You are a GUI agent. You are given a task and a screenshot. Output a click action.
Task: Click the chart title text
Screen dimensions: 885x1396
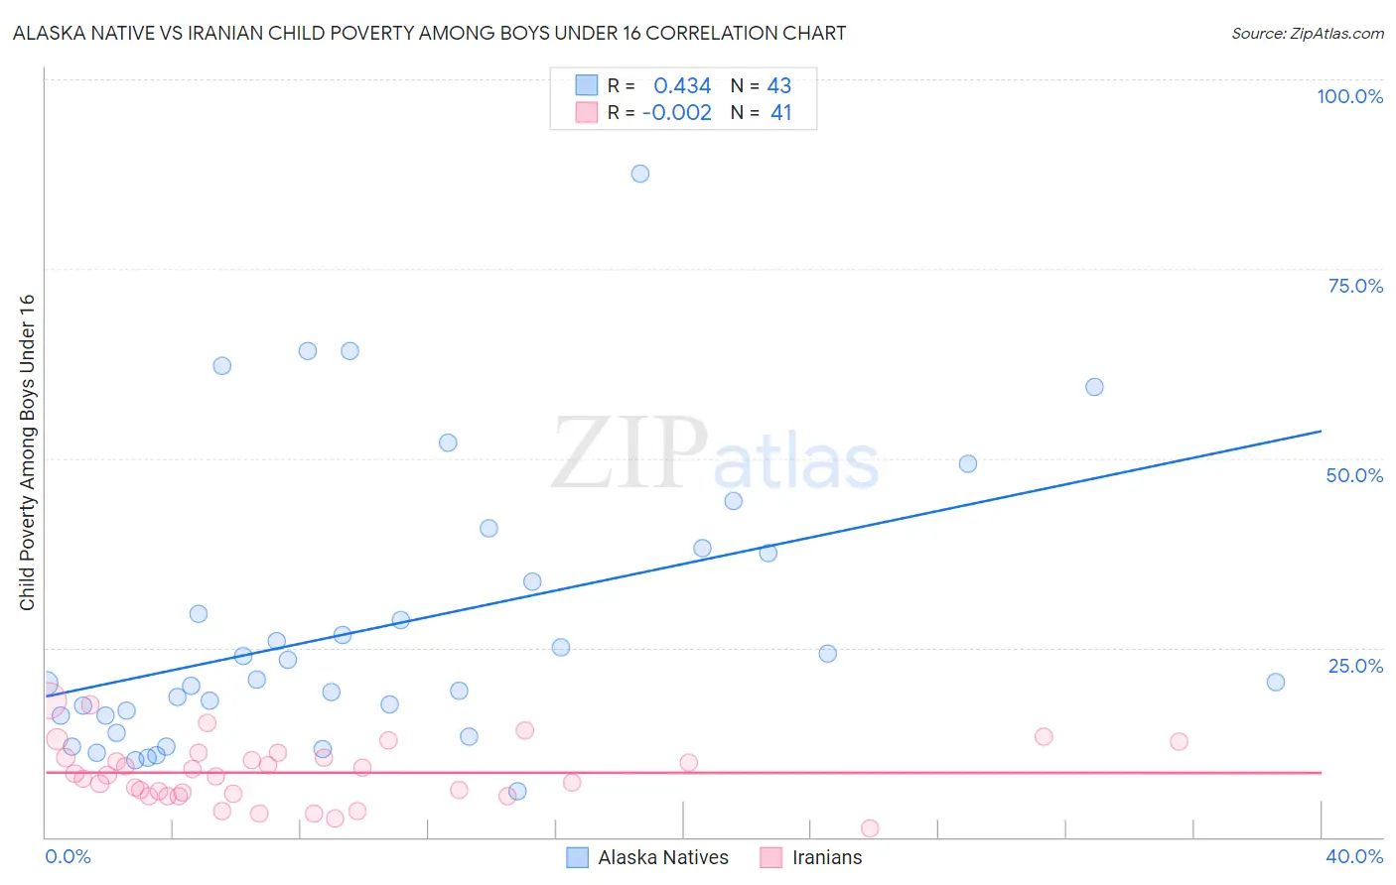click(429, 33)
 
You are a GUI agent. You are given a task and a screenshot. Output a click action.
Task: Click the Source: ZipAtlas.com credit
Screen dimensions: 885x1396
click(1307, 33)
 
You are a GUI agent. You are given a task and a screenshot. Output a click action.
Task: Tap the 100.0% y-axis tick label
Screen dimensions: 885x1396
click(1349, 96)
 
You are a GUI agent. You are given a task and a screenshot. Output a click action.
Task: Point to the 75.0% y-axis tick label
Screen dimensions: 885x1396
click(1355, 286)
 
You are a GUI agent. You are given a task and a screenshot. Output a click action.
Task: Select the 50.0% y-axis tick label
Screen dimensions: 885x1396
click(1354, 475)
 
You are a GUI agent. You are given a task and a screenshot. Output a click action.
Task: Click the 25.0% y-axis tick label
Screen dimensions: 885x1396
click(1355, 666)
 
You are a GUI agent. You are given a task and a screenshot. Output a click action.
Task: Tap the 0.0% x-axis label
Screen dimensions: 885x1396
click(68, 856)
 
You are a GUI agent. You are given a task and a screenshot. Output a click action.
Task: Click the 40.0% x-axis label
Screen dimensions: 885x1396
click(1354, 856)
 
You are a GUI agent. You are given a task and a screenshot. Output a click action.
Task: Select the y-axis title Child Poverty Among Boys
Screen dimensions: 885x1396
click(27, 452)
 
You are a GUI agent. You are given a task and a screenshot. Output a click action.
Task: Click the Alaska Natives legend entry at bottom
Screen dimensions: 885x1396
click(662, 857)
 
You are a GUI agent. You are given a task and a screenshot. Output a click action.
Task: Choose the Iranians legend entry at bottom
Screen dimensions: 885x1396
click(826, 857)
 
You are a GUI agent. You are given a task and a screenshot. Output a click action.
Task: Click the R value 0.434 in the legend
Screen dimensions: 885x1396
click(682, 85)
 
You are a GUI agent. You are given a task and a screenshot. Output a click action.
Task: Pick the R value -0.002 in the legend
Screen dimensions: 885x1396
click(676, 112)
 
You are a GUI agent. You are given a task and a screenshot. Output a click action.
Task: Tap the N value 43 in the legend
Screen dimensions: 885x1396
click(779, 85)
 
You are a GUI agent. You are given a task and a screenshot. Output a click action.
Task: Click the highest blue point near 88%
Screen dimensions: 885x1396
click(640, 174)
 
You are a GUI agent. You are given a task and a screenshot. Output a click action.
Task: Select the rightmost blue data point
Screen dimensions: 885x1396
click(1276, 682)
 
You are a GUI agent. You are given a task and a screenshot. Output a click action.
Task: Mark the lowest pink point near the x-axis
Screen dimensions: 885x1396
click(870, 828)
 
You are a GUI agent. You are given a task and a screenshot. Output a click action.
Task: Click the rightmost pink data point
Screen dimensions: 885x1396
click(1179, 741)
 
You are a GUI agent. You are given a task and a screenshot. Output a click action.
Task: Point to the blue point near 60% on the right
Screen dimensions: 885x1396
click(1094, 387)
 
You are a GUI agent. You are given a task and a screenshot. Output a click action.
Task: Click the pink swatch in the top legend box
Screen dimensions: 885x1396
click(587, 112)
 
